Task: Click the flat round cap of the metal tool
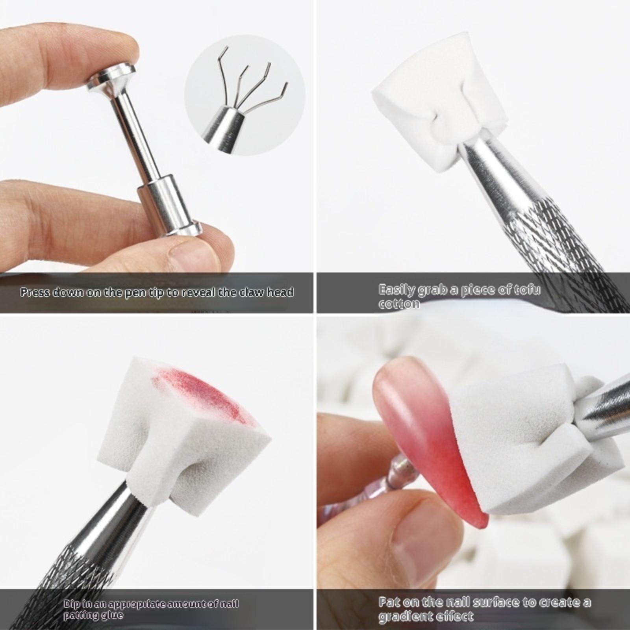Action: click(111, 79)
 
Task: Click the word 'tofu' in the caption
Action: click(527, 290)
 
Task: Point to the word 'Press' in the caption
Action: click(35, 292)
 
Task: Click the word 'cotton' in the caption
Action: click(398, 304)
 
